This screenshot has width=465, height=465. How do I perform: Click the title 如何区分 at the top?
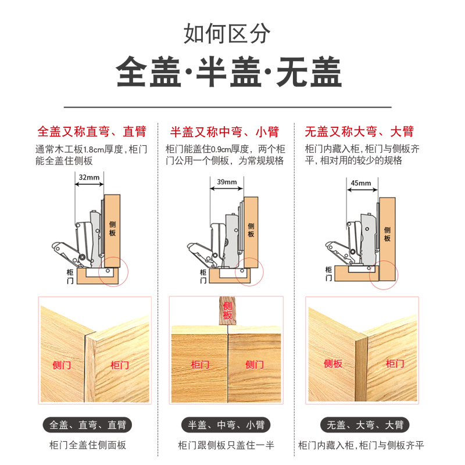pyautogui.click(x=227, y=33)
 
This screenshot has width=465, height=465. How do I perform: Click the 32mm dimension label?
pyautogui.click(x=89, y=177)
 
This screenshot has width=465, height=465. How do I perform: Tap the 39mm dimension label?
pyautogui.click(x=227, y=182)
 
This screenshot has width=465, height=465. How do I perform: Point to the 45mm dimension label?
pyautogui.click(x=360, y=184)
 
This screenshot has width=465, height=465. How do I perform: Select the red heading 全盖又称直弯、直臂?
pyautogui.click(x=91, y=131)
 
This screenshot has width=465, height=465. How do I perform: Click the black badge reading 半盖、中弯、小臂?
pyautogui.click(x=226, y=424)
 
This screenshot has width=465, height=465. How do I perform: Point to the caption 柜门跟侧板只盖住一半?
pyautogui.click(x=226, y=446)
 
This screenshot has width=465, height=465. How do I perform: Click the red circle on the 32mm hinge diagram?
pyautogui.click(x=114, y=270)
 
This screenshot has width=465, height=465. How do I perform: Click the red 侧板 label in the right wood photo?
pyautogui.click(x=333, y=364)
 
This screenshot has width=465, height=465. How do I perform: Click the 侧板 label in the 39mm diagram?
pyautogui.click(x=251, y=230)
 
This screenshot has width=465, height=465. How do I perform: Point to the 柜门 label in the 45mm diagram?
pyautogui.click(x=330, y=274)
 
